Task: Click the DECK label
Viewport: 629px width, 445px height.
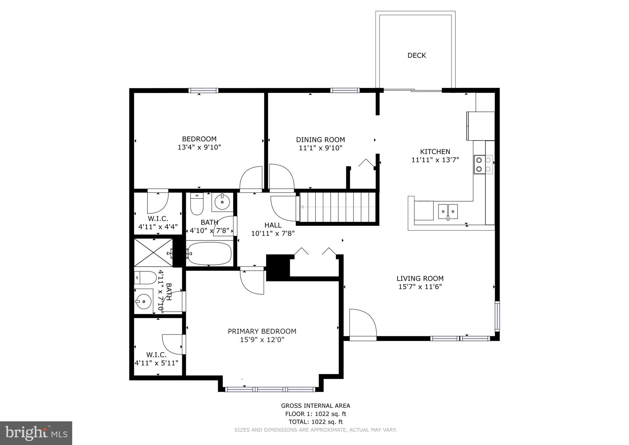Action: (416, 55)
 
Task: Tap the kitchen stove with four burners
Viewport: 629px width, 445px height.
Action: (483, 164)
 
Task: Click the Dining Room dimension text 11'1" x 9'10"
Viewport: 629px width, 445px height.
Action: (320, 148)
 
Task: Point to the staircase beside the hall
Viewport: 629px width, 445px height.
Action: (338, 207)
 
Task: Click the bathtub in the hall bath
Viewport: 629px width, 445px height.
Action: (209, 253)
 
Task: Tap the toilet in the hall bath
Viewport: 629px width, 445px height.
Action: (197, 204)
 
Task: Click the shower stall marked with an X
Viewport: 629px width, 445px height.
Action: (153, 252)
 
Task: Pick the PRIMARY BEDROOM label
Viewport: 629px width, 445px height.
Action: (262, 331)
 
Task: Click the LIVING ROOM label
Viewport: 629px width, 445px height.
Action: (420, 278)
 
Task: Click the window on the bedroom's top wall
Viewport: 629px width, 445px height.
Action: (203, 90)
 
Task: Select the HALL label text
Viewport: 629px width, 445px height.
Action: (273, 225)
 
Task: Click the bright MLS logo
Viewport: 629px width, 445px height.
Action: (36, 433)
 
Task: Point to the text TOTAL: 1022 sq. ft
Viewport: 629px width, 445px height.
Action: (315, 422)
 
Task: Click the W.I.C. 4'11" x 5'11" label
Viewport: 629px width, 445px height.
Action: (156, 359)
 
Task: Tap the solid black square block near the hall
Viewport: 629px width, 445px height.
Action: (278, 267)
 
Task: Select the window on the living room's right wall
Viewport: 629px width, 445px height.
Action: (497, 316)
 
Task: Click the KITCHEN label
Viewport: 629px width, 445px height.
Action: (435, 152)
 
